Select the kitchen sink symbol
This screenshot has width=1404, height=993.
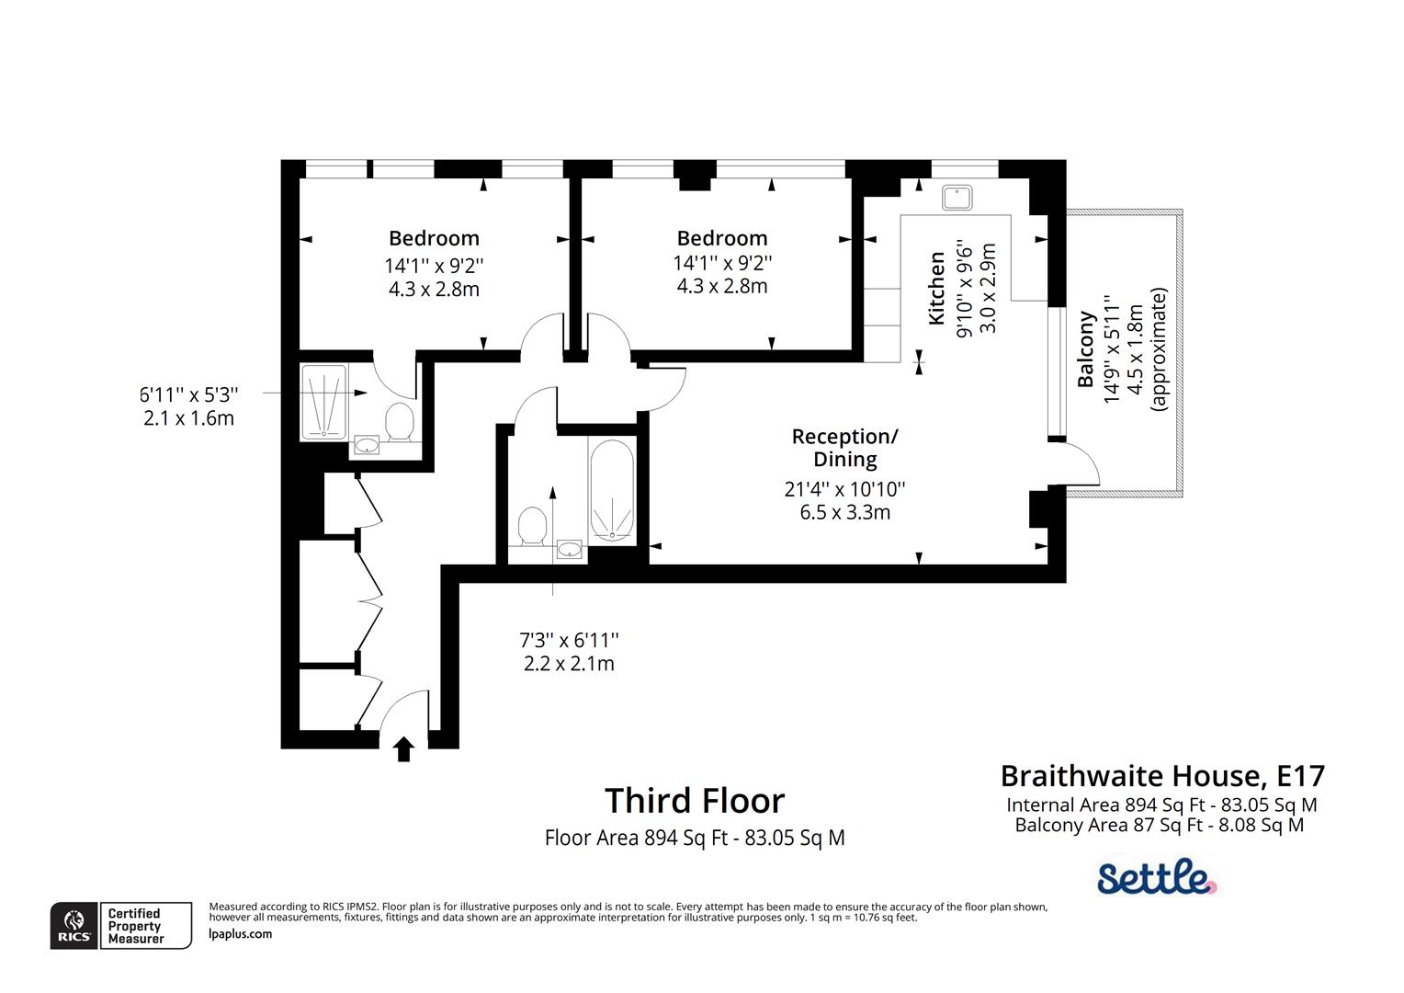coord(957,198)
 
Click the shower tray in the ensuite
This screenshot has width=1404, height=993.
coord(323,402)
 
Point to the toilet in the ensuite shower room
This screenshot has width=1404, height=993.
coord(400,422)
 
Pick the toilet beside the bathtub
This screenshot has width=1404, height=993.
coord(532,527)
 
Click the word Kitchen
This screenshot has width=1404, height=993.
coord(936,288)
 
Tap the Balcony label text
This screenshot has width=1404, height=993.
coord(1086,348)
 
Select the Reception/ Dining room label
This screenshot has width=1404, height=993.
coord(844,447)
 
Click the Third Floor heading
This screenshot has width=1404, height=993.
coord(695,801)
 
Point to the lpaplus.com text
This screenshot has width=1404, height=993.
coord(241,934)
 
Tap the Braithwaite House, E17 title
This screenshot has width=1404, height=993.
coord(1162,776)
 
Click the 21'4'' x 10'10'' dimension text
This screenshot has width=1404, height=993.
coord(844,489)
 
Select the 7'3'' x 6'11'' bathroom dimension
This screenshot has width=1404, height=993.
coord(569,639)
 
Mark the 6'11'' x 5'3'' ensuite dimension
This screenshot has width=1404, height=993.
coord(189,394)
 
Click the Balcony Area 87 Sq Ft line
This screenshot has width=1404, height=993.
coord(1159,825)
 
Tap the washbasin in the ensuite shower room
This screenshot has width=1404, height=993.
coord(368,446)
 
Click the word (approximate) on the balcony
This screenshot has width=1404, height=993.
coord(1159,348)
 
